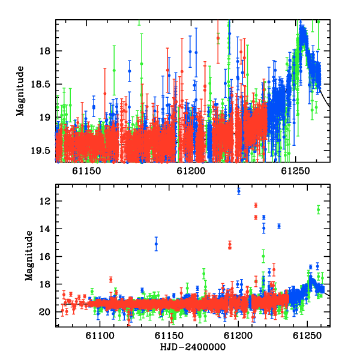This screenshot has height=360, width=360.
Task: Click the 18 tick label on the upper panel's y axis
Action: [x=45, y=51]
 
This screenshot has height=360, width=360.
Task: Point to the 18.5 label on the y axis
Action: [x=40, y=84]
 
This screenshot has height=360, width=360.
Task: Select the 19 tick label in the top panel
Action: [x=45, y=118]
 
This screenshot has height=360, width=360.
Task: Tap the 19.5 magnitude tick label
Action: [x=40, y=151]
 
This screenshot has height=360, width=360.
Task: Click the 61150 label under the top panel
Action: [x=86, y=171]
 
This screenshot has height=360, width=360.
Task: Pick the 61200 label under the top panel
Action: [x=191, y=171]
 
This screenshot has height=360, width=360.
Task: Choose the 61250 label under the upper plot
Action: [x=295, y=171]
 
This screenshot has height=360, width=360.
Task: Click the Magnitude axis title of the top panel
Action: [x=20, y=91]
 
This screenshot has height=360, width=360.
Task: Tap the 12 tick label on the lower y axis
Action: [x=45, y=201]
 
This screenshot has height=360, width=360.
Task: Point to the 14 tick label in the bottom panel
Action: [x=45, y=229]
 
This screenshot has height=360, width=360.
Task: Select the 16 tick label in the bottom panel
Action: [x=45, y=256]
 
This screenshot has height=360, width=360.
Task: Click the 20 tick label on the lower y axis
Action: [x=45, y=312]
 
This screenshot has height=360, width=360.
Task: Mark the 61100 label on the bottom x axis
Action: [x=100, y=335]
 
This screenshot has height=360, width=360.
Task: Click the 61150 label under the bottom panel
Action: [x=169, y=335]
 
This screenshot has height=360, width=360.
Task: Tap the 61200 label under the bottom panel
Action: [x=238, y=335]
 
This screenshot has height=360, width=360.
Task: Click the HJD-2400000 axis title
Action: [x=193, y=347]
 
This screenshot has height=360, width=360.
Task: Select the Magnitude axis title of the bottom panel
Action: [x=29, y=256]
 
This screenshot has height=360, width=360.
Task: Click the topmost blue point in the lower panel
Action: [x=239, y=191]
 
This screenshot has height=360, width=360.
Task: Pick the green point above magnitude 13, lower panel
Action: [x=318, y=209]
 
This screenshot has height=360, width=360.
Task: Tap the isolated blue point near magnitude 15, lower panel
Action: [x=156, y=244]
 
